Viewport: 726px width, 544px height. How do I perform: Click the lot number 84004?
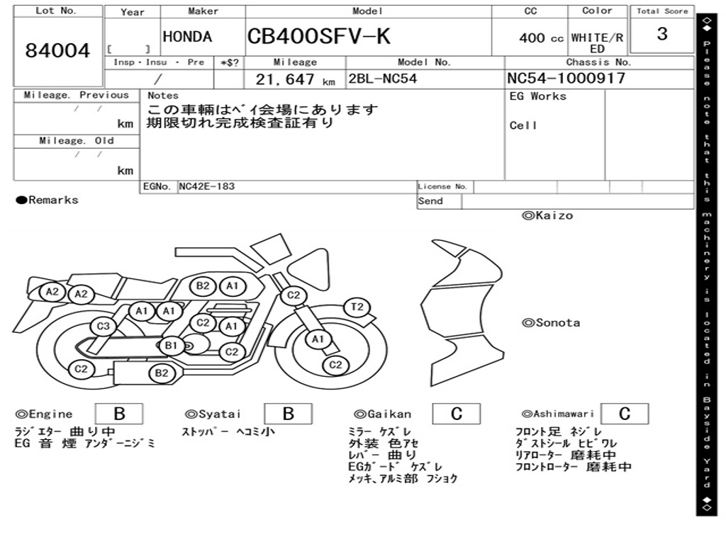[x=57, y=50]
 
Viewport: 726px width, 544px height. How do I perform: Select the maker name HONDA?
[x=187, y=37]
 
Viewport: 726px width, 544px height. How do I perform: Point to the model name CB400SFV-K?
[x=318, y=36]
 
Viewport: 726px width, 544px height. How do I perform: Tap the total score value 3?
[x=662, y=34]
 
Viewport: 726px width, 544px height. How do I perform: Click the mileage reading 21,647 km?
[x=295, y=79]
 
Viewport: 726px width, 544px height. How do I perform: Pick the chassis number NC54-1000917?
[x=566, y=78]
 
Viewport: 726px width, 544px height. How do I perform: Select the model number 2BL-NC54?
[x=382, y=79]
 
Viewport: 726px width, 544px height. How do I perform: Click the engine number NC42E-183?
[x=206, y=186]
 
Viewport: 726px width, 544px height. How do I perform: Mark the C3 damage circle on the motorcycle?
[x=103, y=326]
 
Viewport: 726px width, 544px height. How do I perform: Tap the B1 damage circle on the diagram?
[x=172, y=345]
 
